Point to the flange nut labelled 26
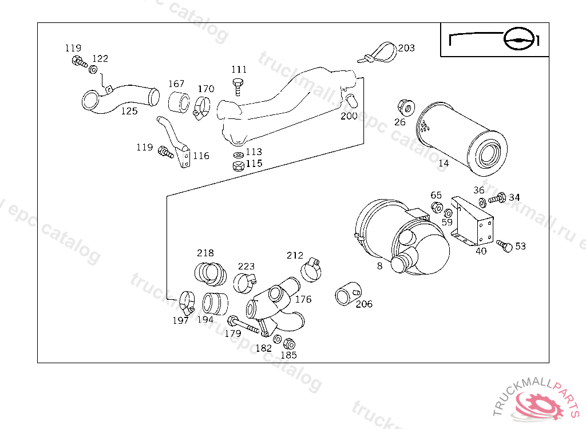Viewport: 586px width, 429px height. [x=404, y=108]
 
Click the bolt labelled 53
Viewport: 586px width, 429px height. [x=504, y=245]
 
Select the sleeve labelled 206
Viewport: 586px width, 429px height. [x=346, y=293]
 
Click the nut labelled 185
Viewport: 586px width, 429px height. [x=289, y=344]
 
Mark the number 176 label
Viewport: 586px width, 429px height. [x=303, y=299]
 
